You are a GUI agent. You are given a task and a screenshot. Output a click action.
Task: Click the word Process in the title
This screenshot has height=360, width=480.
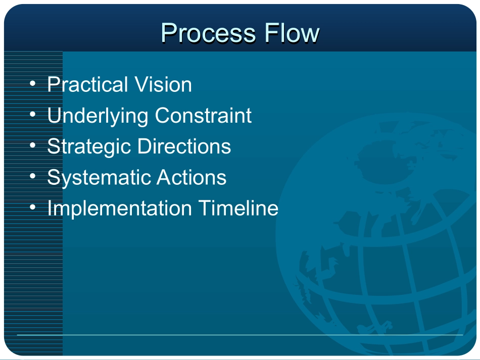pos(208,33)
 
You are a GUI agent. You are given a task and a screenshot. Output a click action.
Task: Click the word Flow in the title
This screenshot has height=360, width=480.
pos(292,33)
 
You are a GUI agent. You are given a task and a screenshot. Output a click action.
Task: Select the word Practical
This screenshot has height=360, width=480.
pos(87,84)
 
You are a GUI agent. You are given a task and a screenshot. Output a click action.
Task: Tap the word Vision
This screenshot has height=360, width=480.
pos(163,84)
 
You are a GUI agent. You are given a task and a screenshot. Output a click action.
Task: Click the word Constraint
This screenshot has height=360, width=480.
pos(203,115)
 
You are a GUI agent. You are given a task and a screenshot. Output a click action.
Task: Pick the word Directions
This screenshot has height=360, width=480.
pos(184,146)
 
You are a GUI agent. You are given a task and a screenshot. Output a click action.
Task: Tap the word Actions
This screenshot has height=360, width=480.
pos(191,177)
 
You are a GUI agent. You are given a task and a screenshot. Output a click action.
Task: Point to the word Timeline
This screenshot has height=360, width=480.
pos(238,208)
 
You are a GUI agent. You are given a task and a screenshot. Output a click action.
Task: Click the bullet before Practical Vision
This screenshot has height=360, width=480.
pos(33,83)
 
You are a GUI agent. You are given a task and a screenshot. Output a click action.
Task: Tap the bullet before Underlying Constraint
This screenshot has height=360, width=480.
pos(33,115)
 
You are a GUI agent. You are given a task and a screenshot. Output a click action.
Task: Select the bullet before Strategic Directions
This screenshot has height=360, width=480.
pos(33,145)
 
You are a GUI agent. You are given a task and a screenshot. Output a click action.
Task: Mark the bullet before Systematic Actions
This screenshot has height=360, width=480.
pos(33,176)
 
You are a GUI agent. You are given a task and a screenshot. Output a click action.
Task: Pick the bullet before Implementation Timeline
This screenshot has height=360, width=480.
pos(33,208)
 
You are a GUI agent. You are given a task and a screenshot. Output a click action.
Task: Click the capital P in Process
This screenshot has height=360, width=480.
pos(169,33)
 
